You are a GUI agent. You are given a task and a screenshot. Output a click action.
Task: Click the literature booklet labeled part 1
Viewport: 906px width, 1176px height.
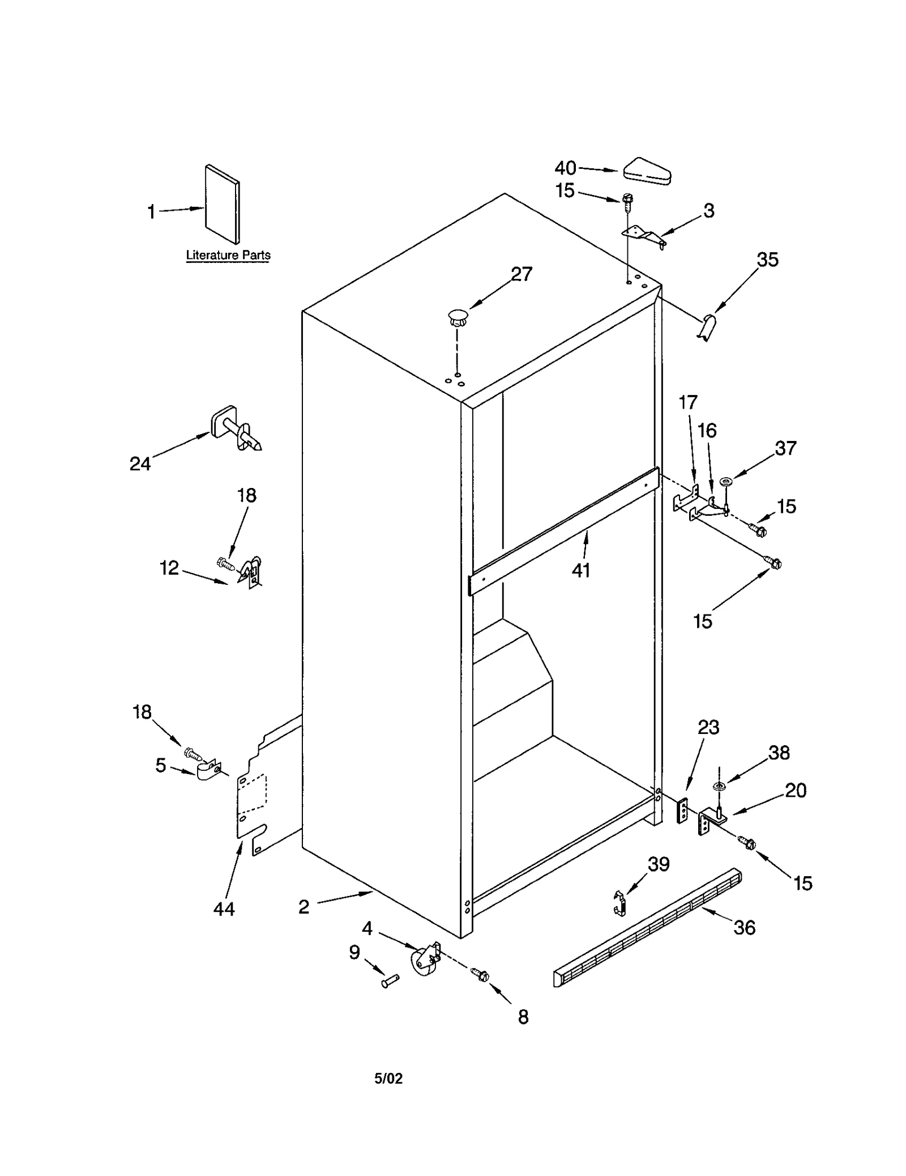click(x=222, y=204)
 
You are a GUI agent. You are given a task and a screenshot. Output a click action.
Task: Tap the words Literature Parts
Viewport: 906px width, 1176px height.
click(x=228, y=255)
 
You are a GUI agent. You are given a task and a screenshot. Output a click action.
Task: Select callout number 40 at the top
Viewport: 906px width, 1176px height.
click(x=565, y=168)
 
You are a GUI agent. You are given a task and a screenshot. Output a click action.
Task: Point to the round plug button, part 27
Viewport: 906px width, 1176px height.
click(x=458, y=316)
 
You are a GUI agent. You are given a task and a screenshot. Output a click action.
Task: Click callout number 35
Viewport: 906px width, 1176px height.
click(x=767, y=260)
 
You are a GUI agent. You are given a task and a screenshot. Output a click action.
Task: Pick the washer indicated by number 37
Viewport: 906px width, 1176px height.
click(x=725, y=482)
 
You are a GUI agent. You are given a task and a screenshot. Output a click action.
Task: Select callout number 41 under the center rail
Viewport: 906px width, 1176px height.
click(x=581, y=570)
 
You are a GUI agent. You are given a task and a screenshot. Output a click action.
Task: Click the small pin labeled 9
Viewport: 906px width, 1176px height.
click(x=390, y=980)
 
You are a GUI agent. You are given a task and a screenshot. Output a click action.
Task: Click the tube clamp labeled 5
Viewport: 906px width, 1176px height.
click(x=208, y=771)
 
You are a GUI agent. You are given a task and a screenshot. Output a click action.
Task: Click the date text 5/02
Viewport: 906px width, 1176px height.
click(x=388, y=1078)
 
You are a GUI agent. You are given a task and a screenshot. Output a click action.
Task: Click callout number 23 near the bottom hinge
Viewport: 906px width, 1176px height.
click(x=708, y=727)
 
